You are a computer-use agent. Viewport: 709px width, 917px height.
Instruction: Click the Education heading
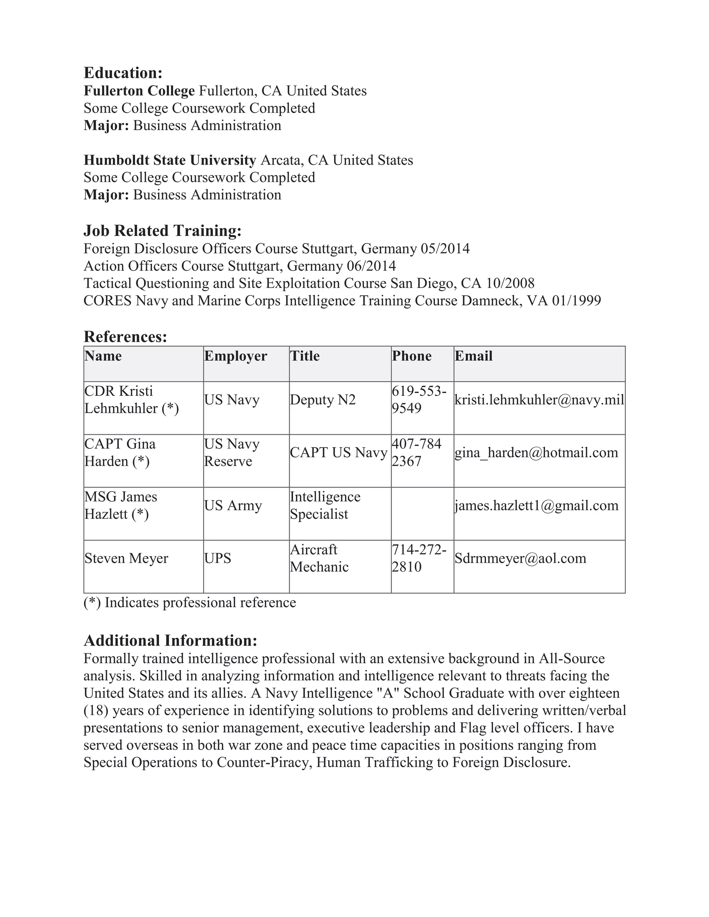[x=123, y=73]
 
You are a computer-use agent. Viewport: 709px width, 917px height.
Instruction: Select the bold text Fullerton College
[x=139, y=91]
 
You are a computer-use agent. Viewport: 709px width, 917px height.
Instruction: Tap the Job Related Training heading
[x=163, y=230]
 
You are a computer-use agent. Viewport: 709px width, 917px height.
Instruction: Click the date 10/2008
[x=510, y=283]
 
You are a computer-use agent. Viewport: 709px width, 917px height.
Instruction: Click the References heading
[x=125, y=336]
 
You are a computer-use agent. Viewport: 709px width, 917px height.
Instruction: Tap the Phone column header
[x=412, y=356]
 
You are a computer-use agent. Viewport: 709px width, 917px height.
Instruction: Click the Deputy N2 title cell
[x=323, y=400]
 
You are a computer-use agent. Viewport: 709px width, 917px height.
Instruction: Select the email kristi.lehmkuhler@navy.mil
[x=539, y=400]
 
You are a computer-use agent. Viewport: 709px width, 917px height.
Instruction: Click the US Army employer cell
[x=233, y=506]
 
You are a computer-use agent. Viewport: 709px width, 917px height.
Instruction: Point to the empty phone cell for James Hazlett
[x=422, y=514]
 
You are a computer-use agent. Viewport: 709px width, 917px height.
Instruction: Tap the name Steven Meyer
[x=126, y=559]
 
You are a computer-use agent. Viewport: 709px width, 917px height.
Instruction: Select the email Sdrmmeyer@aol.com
[x=520, y=559]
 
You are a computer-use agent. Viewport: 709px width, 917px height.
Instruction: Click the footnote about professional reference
[x=190, y=602]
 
